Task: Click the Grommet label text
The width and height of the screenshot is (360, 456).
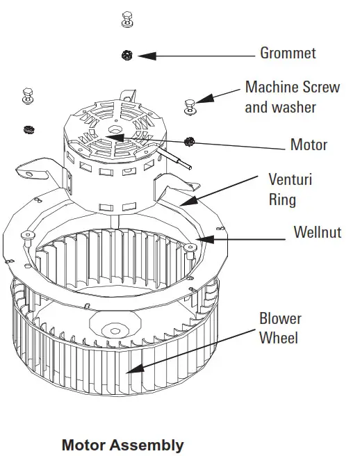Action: click(x=288, y=53)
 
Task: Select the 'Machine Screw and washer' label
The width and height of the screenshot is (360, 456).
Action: click(x=292, y=97)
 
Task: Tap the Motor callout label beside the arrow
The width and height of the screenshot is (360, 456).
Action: click(x=309, y=145)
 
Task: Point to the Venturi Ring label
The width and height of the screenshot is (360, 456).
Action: click(x=290, y=189)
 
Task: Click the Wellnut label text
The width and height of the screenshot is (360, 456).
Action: click(x=317, y=232)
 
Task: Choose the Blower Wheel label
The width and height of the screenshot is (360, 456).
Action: click(x=280, y=328)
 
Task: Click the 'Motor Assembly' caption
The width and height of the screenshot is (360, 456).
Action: click(x=122, y=444)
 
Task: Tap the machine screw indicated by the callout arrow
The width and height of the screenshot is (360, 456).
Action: click(x=190, y=105)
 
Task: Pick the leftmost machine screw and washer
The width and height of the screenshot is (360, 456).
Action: click(x=28, y=95)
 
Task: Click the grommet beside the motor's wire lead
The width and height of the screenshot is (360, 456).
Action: click(x=188, y=142)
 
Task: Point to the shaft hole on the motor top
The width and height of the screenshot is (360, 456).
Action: click(x=113, y=130)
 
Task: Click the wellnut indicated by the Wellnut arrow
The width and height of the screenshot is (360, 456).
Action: click(x=192, y=247)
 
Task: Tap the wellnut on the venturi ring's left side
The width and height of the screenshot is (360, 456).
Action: click(x=26, y=236)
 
